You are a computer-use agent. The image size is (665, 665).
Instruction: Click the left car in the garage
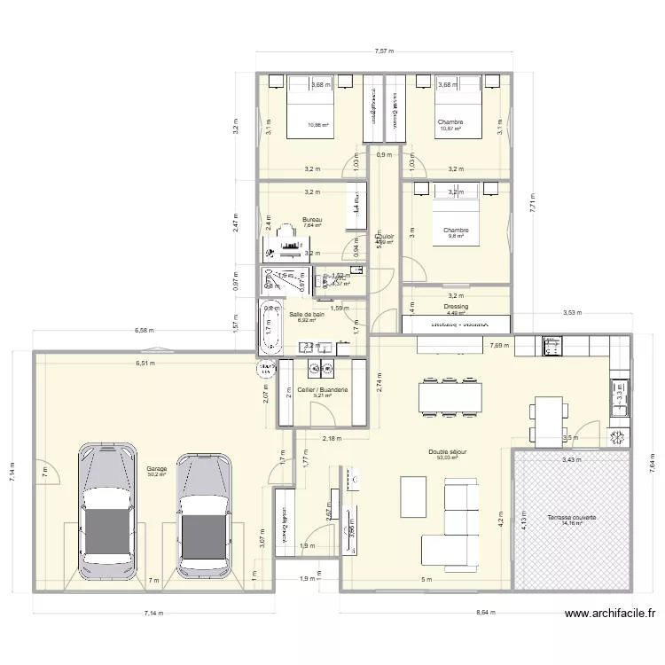[x=110, y=512]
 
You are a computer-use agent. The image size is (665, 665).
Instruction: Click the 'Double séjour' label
[x=447, y=451]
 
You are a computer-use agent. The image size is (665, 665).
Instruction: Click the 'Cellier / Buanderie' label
[x=323, y=390]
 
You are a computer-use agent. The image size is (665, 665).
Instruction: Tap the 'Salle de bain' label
[x=307, y=314]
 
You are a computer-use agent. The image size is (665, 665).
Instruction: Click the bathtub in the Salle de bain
[x=269, y=327]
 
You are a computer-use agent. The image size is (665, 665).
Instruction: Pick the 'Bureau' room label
[x=311, y=219]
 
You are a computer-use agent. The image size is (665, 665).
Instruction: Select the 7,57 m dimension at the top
[x=384, y=52]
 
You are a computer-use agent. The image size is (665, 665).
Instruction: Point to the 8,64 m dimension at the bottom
[x=485, y=612]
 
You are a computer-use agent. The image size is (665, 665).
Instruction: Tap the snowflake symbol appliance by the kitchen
[x=616, y=437]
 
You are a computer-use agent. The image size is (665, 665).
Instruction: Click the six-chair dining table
[x=452, y=395]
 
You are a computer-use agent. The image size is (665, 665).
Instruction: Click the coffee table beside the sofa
[x=413, y=490]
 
